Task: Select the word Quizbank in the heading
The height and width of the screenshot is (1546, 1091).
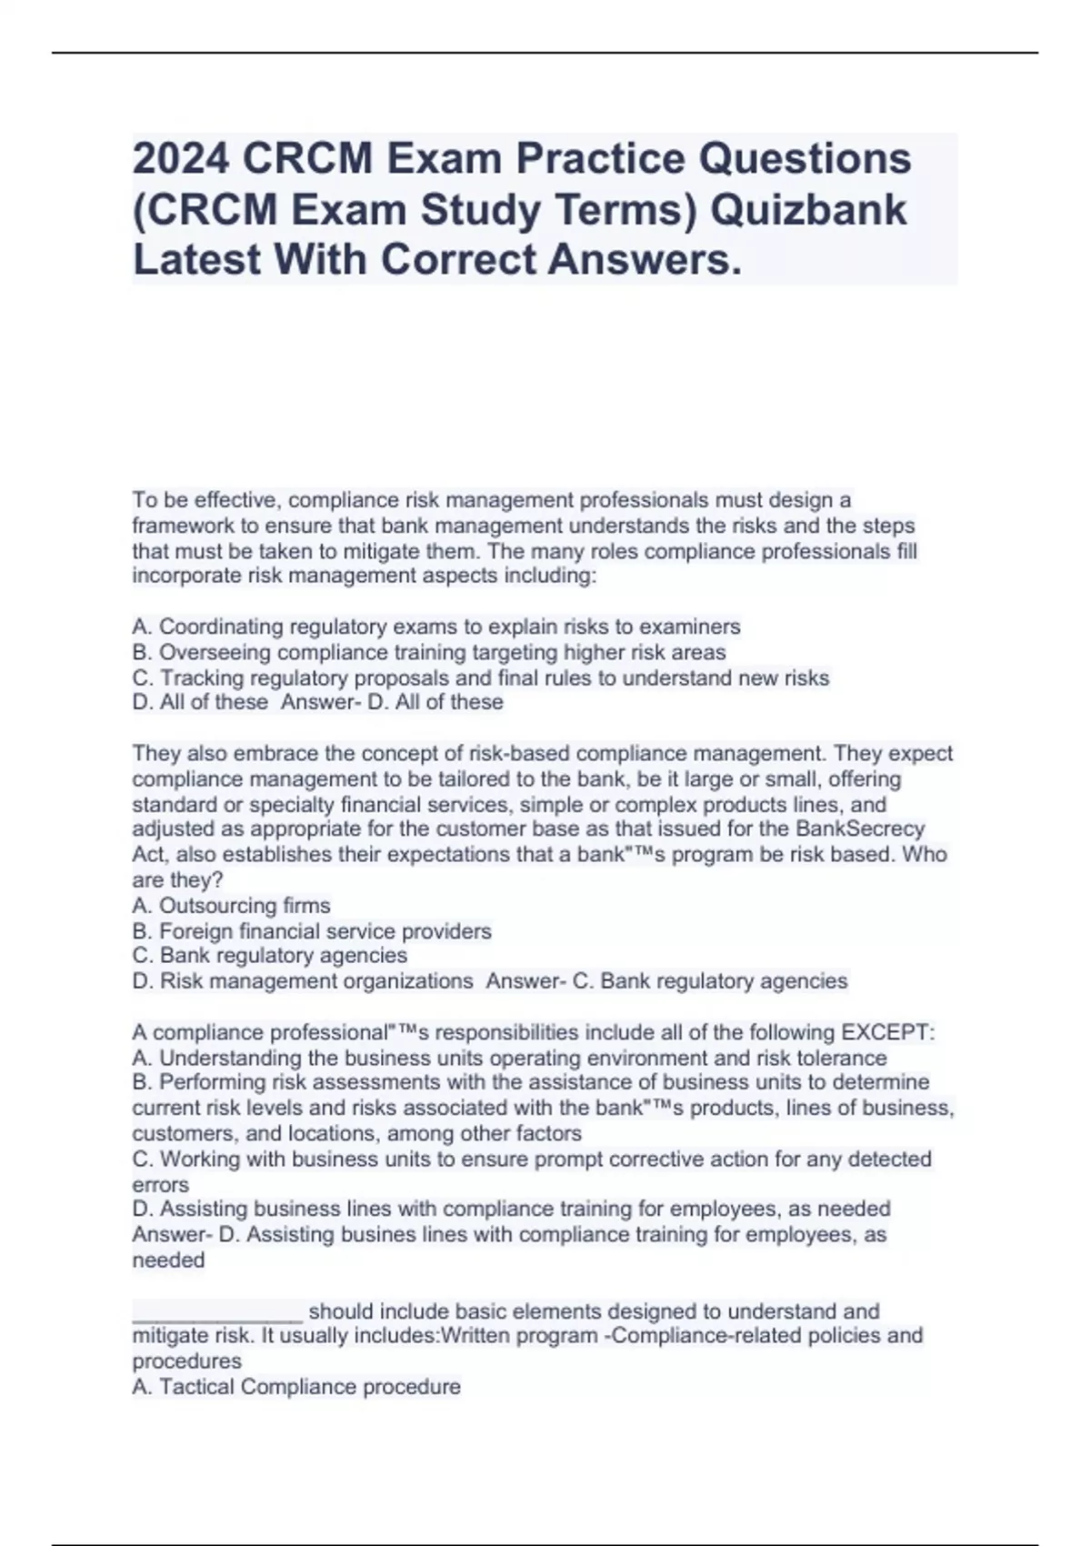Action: tap(807, 210)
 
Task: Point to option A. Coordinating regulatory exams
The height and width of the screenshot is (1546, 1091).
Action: tap(436, 627)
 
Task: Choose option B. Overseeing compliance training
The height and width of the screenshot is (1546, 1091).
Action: tap(429, 652)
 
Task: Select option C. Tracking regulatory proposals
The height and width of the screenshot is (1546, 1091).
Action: tap(480, 678)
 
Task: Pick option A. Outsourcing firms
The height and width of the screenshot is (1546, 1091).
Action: tap(231, 906)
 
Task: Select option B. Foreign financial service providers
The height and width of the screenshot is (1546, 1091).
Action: tap(312, 931)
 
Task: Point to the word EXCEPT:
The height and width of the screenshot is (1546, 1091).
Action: tap(888, 1032)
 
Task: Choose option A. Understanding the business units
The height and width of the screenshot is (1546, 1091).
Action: tap(509, 1058)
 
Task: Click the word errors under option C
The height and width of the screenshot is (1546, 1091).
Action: tap(161, 1185)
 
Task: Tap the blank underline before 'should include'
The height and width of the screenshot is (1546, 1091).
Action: tap(217, 1311)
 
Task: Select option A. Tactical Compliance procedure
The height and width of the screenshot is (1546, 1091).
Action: tap(296, 1387)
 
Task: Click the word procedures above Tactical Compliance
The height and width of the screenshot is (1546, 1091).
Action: tap(186, 1361)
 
